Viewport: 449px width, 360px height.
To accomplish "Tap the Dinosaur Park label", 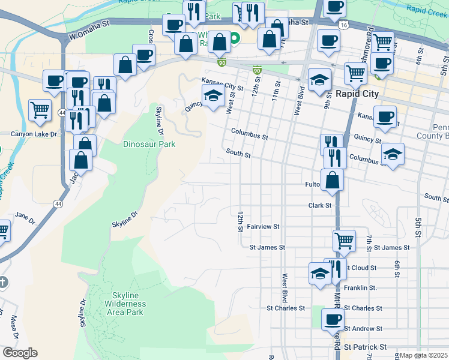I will [149, 144].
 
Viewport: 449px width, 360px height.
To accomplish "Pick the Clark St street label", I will [320, 205].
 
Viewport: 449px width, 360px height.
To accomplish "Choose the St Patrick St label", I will [365, 347].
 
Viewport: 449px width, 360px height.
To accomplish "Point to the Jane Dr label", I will [22, 215].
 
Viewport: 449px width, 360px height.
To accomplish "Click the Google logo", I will [20, 353].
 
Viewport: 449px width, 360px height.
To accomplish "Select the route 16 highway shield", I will [343, 25].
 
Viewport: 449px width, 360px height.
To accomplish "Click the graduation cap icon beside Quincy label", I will [212, 95].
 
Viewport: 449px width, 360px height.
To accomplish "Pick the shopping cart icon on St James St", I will [344, 240].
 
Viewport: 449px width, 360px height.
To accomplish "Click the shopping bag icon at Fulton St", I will [332, 179].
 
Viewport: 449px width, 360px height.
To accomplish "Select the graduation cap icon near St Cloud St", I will [320, 273].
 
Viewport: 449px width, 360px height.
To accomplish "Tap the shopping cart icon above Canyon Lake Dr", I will [40, 109].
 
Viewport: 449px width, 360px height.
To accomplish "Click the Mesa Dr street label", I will [13, 326].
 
